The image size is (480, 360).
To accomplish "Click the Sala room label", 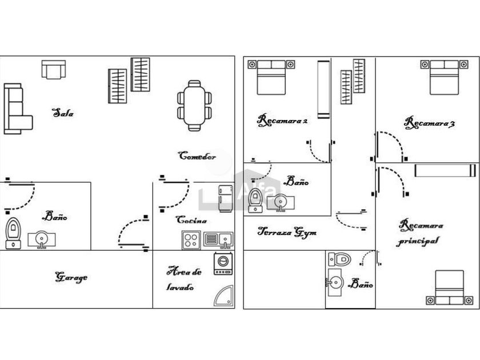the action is click(63, 113).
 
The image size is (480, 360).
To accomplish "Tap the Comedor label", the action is click(197, 155).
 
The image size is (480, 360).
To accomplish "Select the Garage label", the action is click(71, 278).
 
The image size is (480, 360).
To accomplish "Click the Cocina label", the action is click(191, 220).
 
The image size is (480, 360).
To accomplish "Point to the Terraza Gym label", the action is click(287, 233).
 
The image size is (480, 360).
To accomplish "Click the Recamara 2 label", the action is click(283, 121).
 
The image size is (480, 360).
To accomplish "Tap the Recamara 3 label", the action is click(429, 122).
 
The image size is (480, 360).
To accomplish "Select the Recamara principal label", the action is click(420, 233).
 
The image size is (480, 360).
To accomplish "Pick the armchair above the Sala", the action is click(53, 70).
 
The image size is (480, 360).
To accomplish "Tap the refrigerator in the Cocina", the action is click(225, 198).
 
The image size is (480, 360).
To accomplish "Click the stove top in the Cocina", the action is click(190, 240).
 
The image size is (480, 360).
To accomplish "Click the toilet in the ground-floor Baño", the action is click(12, 233).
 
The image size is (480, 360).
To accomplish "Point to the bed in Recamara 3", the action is click(443, 77).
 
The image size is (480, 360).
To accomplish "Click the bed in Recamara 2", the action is click(271, 77).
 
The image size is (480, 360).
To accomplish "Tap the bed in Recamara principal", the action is click(449, 288).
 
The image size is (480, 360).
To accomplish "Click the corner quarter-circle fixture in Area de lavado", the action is click(223, 295).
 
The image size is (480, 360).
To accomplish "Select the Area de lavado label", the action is click(183, 279).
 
